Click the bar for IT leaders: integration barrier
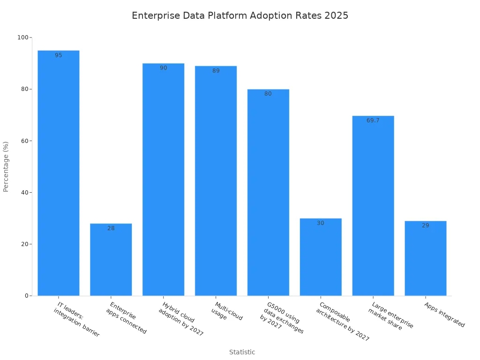(x=59, y=173)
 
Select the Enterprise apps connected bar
(x=111, y=260)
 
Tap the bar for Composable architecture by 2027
(x=321, y=257)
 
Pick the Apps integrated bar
(x=426, y=259)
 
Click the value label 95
(x=59, y=55)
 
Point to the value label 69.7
(x=373, y=120)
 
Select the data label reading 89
(x=216, y=71)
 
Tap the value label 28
(x=111, y=228)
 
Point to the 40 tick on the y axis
(x=25, y=193)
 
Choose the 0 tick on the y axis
(x=27, y=296)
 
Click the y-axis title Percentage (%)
(x=6, y=166)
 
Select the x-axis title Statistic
(x=242, y=352)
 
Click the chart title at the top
(x=240, y=15)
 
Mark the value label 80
(x=268, y=94)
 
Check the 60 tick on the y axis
(x=25, y=141)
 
